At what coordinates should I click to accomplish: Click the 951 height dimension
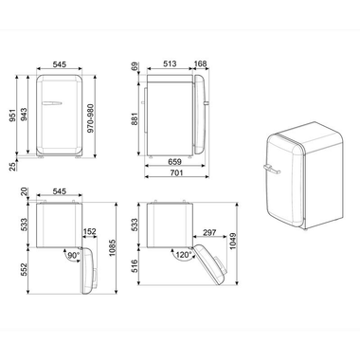13,116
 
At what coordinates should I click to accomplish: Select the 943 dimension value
27,116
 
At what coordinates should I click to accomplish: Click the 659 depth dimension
176,162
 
